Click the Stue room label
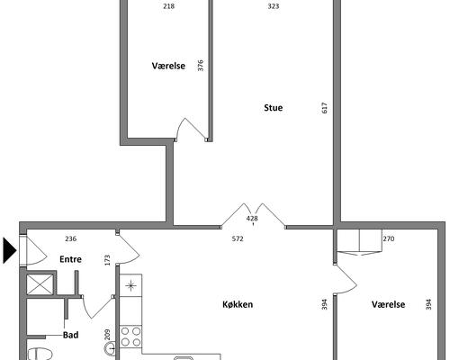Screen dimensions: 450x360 point(273,108)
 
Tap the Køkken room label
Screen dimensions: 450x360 point(238,304)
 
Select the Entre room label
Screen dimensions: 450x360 point(70,259)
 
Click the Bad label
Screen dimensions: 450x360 point(71,335)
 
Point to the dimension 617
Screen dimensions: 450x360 point(324,108)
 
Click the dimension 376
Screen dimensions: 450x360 point(201,66)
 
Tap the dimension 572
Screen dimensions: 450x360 point(238,238)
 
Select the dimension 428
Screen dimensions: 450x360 point(252,219)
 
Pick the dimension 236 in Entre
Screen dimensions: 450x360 point(71,238)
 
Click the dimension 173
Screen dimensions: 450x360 point(107,260)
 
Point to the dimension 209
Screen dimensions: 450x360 point(107,335)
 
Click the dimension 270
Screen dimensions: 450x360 point(389,238)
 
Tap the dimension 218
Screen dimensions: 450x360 point(169,6)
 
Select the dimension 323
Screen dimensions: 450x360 point(274,6)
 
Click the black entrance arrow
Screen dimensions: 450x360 point(9,250)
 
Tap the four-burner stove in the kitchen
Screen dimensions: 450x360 point(130,337)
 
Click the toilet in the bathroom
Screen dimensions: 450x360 point(40,354)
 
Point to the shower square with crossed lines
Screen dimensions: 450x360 point(40,284)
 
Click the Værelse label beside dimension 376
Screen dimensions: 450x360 point(168,66)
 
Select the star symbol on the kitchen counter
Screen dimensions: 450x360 point(130,285)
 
